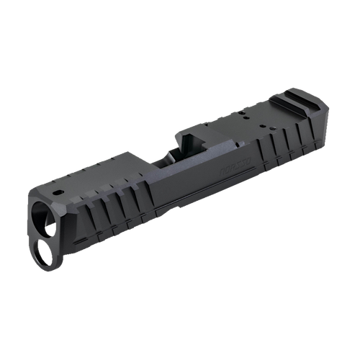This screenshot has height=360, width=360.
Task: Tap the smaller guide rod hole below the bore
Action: point(41,249)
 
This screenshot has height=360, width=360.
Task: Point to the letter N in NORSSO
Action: point(217,170)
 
